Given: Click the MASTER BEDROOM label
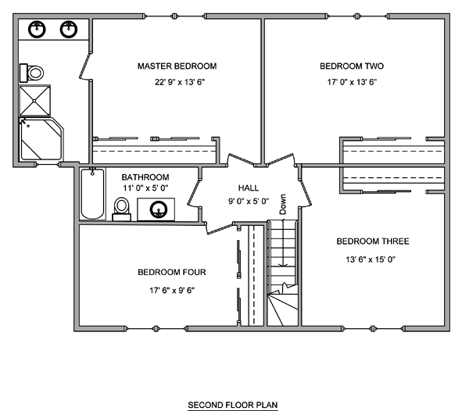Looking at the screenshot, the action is (177, 66).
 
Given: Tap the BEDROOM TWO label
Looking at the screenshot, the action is (352, 66).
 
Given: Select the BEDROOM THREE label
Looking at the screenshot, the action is (373, 241).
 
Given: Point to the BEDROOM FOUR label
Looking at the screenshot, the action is (172, 272).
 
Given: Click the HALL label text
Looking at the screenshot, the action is (249, 188).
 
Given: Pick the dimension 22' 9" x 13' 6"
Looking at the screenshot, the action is (180, 82).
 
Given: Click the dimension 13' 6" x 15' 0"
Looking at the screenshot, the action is (371, 259).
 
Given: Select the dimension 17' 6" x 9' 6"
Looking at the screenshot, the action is (172, 290).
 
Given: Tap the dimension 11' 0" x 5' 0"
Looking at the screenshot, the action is (145, 188).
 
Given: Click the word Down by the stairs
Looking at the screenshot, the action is (283, 204).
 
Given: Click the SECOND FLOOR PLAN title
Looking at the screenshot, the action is (233, 405).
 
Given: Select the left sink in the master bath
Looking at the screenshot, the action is (37, 29).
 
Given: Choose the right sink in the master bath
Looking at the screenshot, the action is (69, 29).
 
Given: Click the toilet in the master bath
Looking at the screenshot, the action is (32, 73).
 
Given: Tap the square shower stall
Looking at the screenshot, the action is (34, 101).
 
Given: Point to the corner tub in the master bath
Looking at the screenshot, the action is (41, 139).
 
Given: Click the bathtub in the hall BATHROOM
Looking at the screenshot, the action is (93, 194).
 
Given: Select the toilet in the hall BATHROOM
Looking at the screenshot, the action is (121, 209).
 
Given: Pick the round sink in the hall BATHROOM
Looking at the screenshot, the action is (159, 209).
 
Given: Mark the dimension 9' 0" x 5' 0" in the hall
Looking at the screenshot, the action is (249, 202).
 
